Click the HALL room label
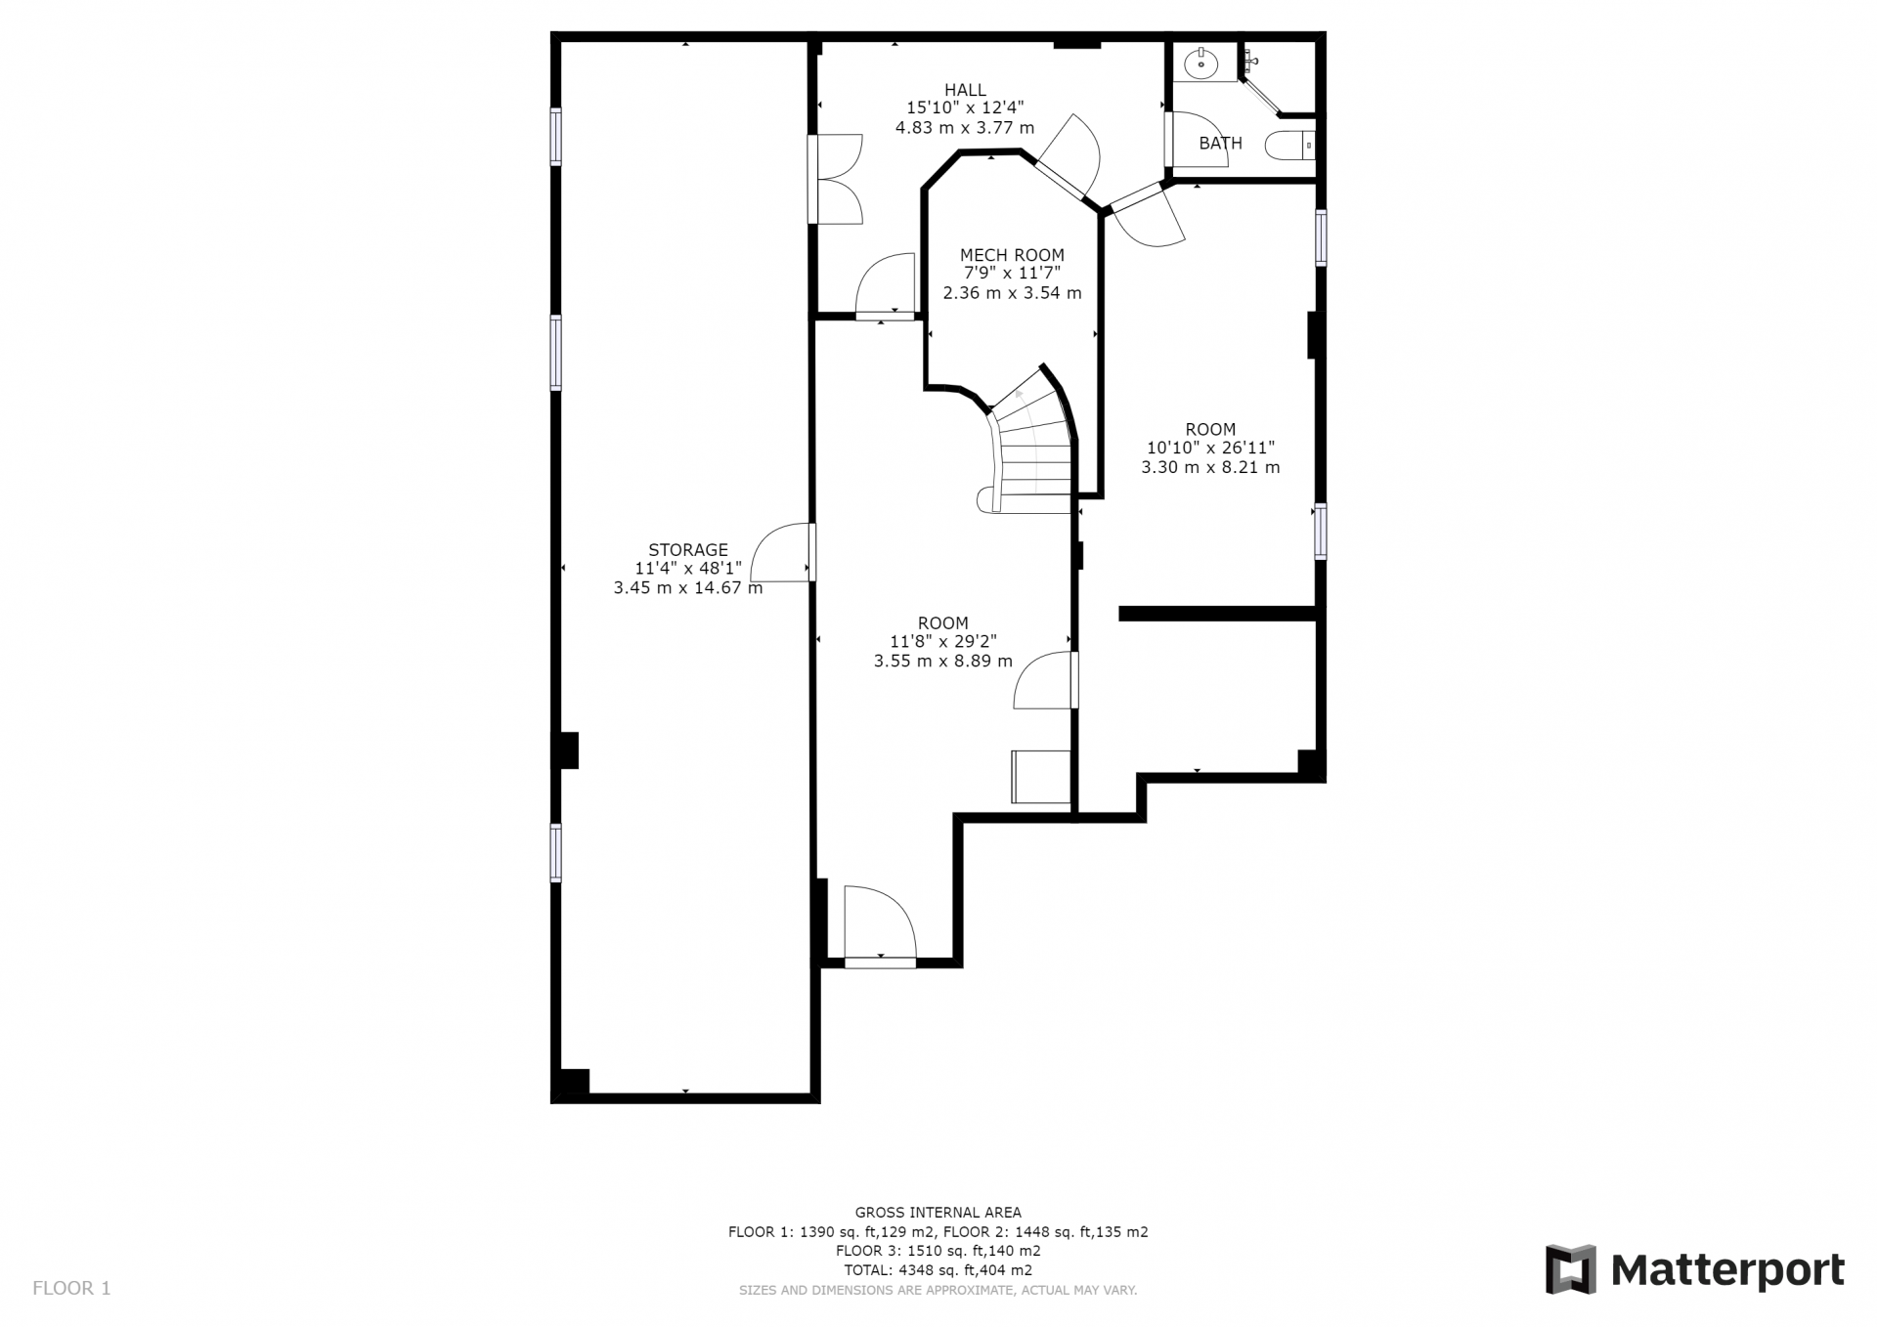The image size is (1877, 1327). click(965, 90)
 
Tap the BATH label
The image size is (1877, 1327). click(1220, 144)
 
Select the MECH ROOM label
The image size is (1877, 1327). click(1012, 255)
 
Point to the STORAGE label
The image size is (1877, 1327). click(688, 550)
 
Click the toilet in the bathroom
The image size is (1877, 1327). click(1290, 146)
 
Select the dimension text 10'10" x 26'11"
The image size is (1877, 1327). click(1210, 449)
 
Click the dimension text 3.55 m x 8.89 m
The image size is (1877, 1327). click(942, 662)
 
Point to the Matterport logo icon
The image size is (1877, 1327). click(1570, 1269)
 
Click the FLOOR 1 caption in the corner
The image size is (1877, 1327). click(71, 1288)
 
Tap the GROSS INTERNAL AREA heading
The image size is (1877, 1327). click(938, 1213)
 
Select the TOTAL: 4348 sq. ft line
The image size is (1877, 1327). click(938, 1270)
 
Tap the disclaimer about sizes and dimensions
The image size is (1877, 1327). click(938, 1290)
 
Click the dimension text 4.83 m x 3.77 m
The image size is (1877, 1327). click(965, 128)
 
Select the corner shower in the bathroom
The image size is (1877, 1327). click(1277, 79)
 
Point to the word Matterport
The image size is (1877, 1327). click(1727, 1270)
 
